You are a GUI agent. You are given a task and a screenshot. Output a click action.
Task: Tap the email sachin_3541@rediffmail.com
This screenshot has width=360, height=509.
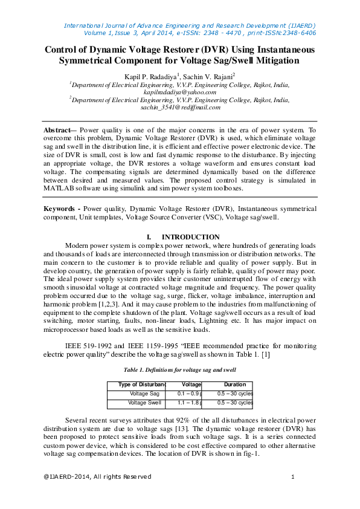(179, 107)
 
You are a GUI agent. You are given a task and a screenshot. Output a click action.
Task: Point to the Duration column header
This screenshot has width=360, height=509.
(234, 384)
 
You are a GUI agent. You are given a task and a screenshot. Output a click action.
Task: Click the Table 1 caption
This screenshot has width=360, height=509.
(179, 369)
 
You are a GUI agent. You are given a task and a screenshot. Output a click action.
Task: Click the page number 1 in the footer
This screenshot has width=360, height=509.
(292, 477)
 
